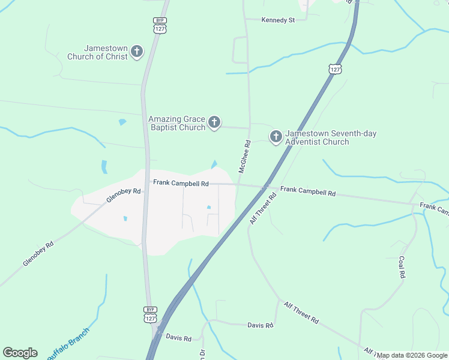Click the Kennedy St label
(278, 20)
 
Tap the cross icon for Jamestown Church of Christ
(137, 52)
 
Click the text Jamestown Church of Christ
(106, 52)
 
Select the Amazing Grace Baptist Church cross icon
(214, 124)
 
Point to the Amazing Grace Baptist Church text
(177, 123)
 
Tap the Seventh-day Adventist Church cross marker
(276, 137)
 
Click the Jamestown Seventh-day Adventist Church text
(331, 137)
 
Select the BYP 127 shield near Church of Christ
(158, 25)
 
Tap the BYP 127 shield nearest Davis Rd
(150, 315)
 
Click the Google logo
(20, 353)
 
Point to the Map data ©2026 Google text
(412, 355)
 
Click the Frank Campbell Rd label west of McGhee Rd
(180, 182)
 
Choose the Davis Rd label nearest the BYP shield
(178, 338)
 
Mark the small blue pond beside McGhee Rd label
(214, 164)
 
